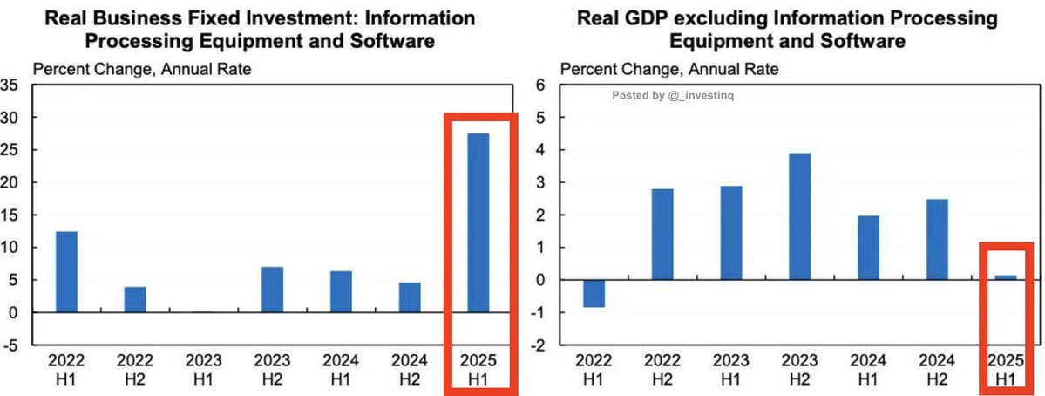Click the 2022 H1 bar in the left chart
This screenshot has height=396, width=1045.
point(66,272)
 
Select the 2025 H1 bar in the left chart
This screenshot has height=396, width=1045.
point(478,222)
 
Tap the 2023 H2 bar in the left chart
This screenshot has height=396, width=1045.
point(272,290)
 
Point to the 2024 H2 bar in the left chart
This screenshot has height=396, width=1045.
point(409,297)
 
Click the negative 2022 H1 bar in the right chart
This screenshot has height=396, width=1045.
point(594,294)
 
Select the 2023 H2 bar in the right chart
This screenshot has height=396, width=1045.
point(799,216)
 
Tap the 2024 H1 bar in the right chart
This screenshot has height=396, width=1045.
point(868,248)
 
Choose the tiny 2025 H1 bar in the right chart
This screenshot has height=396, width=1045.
point(1005,277)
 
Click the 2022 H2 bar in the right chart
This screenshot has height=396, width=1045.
point(662,234)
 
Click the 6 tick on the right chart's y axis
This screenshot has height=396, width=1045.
point(540,85)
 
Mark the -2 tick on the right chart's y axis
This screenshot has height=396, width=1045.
point(538,345)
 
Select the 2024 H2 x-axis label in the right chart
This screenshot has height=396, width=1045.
point(936,370)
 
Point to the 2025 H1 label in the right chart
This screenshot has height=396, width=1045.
point(1005,370)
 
